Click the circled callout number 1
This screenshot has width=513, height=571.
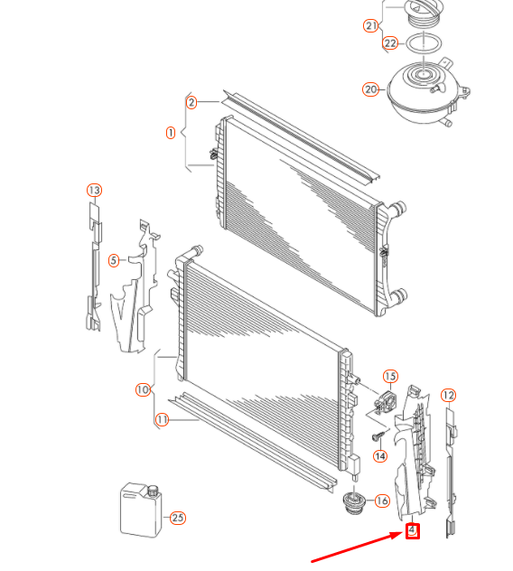point(171,133)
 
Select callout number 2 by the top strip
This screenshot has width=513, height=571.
point(191,102)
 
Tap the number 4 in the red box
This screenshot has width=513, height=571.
point(412,531)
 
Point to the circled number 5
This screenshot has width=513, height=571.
point(114,260)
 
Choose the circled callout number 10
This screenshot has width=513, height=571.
point(143,389)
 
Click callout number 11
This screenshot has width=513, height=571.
point(162,420)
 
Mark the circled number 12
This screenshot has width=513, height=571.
point(448,395)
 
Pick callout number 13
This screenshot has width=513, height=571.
point(94,190)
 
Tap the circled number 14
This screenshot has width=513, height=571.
point(380,456)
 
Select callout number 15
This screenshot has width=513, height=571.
point(390,376)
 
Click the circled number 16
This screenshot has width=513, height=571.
point(382,501)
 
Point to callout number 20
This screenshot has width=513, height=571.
point(370,89)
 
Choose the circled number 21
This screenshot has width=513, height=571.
point(371,26)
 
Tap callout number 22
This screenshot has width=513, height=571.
point(390,43)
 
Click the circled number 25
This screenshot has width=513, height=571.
point(178,518)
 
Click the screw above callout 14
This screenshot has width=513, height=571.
point(378,435)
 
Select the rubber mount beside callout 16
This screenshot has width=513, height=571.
point(353,503)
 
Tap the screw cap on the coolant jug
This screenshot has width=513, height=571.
point(154,491)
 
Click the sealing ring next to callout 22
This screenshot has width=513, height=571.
point(424,43)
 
